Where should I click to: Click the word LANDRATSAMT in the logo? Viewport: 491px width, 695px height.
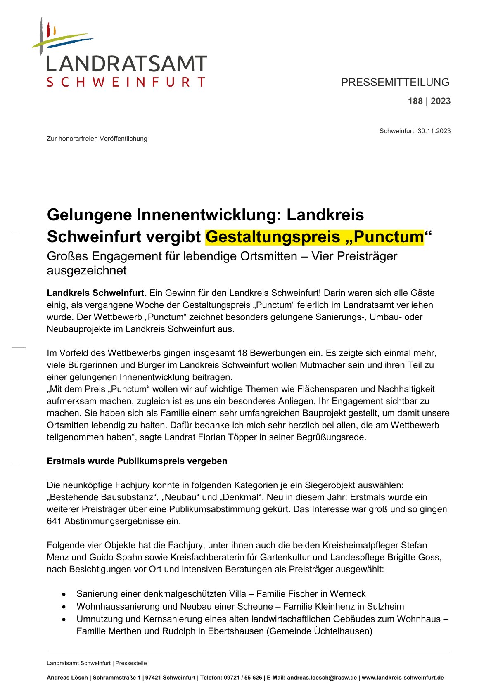pos(126,64)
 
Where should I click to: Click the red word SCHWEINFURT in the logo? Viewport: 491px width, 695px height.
pos(126,82)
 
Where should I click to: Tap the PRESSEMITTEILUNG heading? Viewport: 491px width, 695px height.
pos(395,82)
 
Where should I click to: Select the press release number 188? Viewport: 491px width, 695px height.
pos(415,101)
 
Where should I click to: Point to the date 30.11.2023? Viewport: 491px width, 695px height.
pos(434,131)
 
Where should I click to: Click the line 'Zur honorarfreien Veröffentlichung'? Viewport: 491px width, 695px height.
pos(97,139)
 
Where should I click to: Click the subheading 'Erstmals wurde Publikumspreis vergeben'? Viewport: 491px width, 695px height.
pos(137,461)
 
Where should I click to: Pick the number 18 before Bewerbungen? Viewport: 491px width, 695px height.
pos(242,353)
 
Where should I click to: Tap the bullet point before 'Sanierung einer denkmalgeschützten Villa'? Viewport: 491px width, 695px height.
pos(64,594)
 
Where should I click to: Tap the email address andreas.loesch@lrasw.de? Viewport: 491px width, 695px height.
pos(322,678)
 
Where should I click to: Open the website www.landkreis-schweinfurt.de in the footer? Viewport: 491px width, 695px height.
pos(403,678)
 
